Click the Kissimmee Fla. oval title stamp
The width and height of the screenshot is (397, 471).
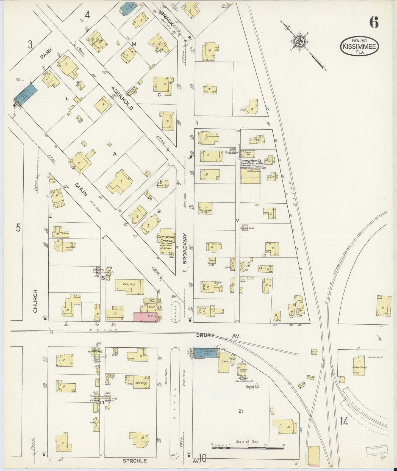[x=359, y=46]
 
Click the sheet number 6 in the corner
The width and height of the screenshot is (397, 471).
[x=374, y=22]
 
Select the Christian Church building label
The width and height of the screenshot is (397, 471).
[x=166, y=239]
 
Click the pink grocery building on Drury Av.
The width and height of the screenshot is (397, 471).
[x=145, y=317]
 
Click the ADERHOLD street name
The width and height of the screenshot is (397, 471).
[x=122, y=98]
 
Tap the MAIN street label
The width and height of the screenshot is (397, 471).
[x=81, y=190]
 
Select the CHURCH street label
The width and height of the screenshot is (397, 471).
[x=35, y=301]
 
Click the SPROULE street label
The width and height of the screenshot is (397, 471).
[x=135, y=461]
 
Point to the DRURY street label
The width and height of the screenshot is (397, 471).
[x=205, y=335]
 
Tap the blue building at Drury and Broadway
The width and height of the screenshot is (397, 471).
[x=205, y=353]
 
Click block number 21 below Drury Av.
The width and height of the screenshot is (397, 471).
[x=241, y=411]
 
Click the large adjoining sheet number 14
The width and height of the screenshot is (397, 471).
[x=344, y=421]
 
